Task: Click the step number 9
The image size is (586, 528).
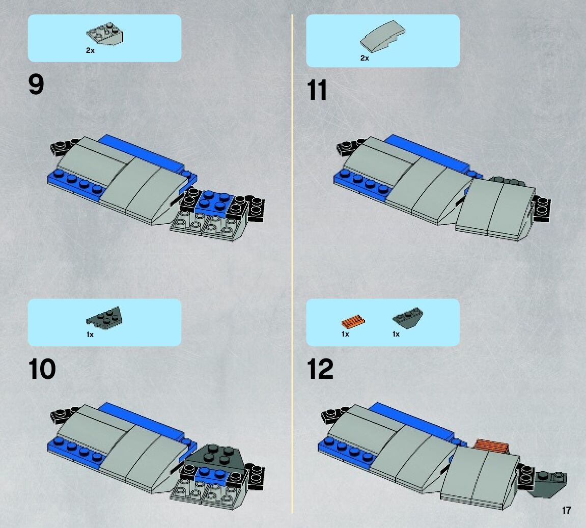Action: click(x=36, y=85)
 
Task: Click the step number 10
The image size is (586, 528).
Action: click(x=42, y=369)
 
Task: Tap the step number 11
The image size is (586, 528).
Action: click(x=317, y=90)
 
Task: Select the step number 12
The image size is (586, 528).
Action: click(x=320, y=369)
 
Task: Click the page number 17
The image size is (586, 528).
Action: click(x=567, y=510)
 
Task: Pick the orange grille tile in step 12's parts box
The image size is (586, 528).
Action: click(x=353, y=321)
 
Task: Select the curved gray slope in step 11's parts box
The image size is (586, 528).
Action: click(x=382, y=36)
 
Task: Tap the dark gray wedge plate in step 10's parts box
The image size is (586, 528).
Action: click(x=104, y=318)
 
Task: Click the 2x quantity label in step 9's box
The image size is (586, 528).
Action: click(x=90, y=50)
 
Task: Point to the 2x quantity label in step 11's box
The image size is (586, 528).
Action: click(x=365, y=58)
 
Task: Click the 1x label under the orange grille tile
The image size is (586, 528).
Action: click(x=345, y=334)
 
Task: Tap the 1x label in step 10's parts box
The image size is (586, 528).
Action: click(x=90, y=335)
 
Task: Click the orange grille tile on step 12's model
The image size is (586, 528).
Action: click(x=492, y=446)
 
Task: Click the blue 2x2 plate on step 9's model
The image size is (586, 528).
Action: click(x=215, y=202)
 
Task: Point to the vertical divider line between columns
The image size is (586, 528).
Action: click(x=292, y=264)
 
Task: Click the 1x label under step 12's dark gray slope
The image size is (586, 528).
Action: click(x=396, y=334)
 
